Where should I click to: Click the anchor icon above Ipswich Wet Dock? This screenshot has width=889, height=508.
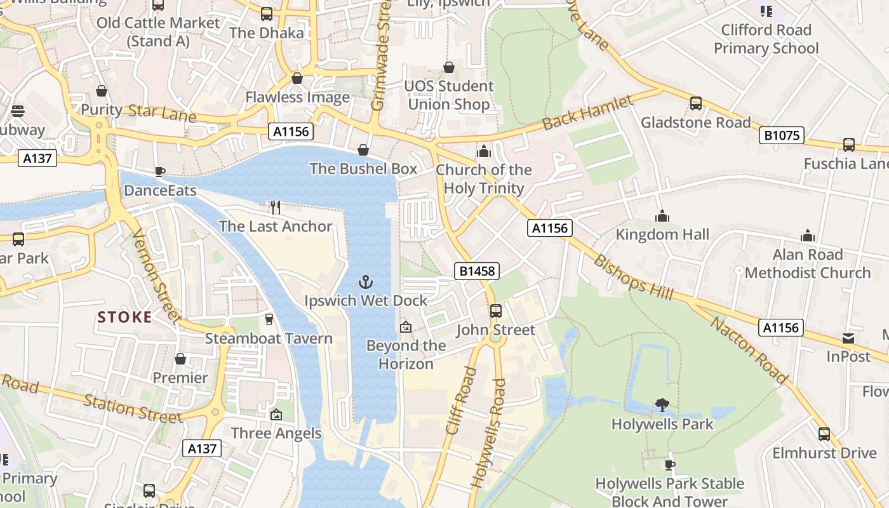coord(365,281)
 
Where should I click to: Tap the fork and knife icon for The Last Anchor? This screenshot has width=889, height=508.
coord(275,208)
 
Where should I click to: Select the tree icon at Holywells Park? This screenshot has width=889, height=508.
coord(662,404)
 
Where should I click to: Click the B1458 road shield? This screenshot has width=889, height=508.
coord(478,272)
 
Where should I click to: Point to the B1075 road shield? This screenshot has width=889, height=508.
coord(782,135)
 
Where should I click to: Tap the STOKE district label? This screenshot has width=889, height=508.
coord(125,317)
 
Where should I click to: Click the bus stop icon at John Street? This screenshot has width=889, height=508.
coord(496,311)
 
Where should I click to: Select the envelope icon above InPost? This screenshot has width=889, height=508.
coord(848,338)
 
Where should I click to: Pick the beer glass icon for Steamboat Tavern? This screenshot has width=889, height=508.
coord(269,319)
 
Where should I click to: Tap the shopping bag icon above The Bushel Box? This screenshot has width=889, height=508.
coord(363,150)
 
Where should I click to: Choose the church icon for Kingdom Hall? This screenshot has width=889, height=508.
coord(662,216)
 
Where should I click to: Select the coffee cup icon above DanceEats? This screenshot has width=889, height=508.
coord(160,171)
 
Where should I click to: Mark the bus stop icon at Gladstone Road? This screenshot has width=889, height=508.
coord(696,104)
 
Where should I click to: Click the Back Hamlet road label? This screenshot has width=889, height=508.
coord(587,113)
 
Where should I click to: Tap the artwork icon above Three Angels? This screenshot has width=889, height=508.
coord(276,415)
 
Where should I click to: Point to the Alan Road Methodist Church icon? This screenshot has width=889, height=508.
coord(808,236)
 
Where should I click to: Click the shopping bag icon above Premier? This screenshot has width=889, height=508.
coord(180,359)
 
